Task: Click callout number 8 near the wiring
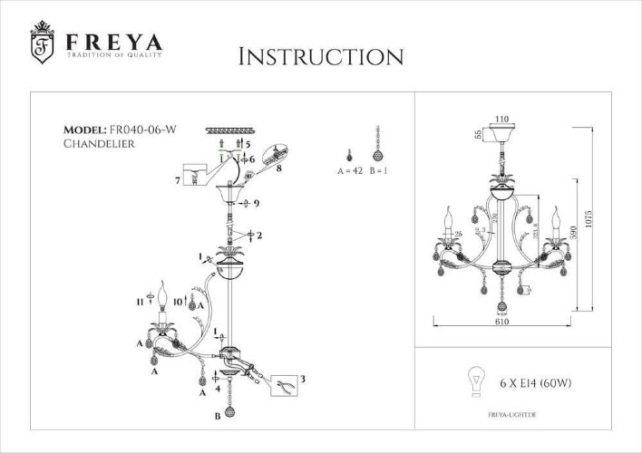point(279,168)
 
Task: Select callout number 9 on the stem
point(258,204)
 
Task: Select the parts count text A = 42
point(349,170)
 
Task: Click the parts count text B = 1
point(381,170)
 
